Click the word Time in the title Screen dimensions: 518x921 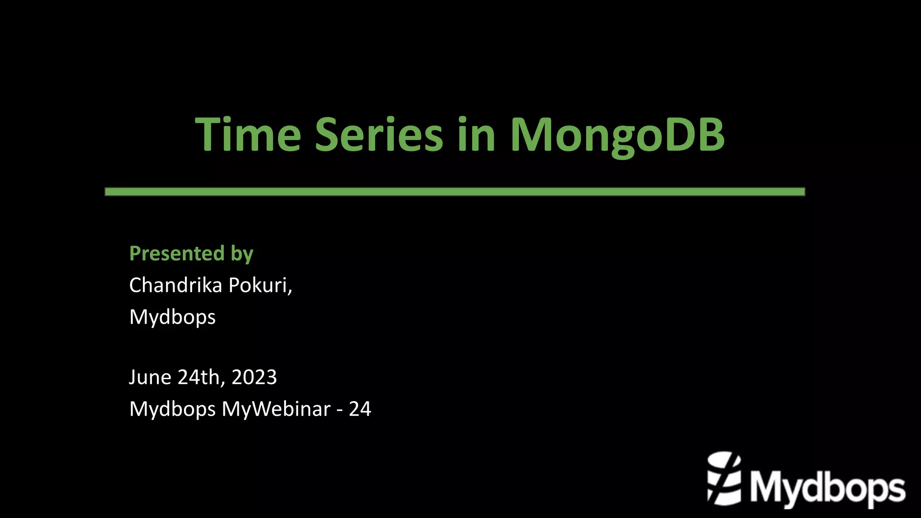click(x=248, y=134)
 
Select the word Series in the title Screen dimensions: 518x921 click(x=379, y=134)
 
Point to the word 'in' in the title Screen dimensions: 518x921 click(x=476, y=134)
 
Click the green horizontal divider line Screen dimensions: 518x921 click(x=454, y=192)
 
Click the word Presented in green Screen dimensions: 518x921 click(x=177, y=254)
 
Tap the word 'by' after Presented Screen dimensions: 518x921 click(x=242, y=255)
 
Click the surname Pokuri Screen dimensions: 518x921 click(x=258, y=285)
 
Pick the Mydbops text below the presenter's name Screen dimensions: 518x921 click(x=172, y=317)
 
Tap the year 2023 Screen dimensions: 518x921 click(x=254, y=377)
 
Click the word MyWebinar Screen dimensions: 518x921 click(x=276, y=409)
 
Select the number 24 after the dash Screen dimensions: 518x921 click(x=360, y=409)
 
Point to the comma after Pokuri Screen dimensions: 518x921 click(x=291, y=291)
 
